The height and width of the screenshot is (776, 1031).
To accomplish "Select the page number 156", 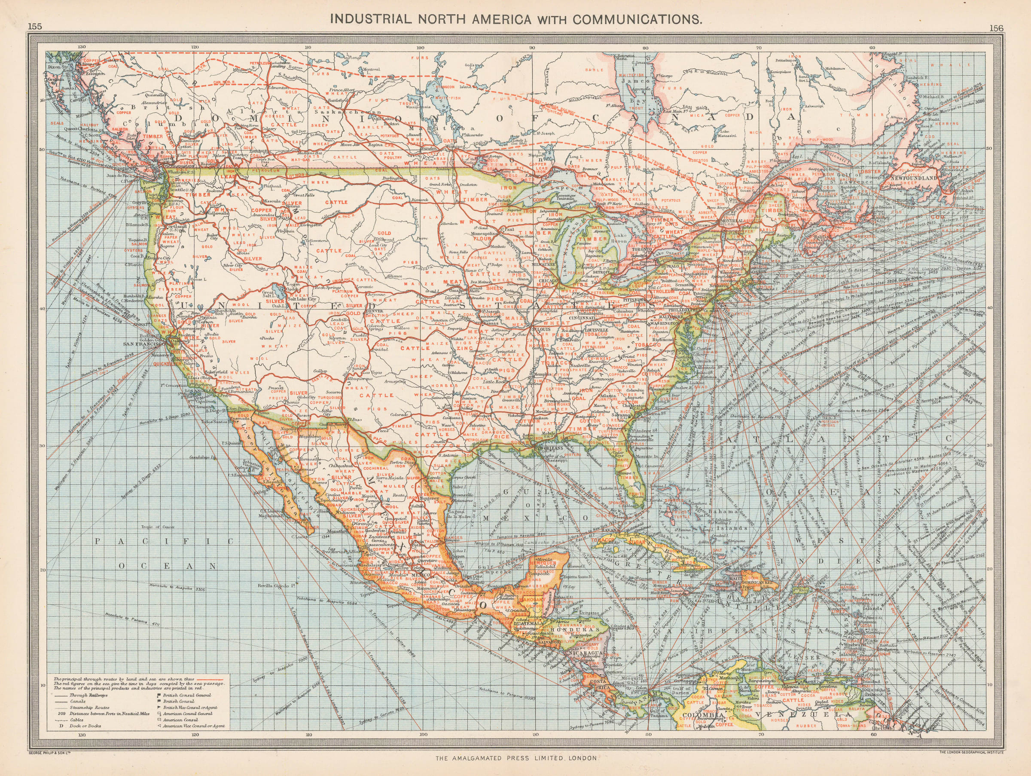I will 996,28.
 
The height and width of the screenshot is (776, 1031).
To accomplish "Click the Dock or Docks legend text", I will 85,726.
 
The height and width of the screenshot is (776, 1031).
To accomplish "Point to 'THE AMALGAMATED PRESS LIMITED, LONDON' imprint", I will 516,758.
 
